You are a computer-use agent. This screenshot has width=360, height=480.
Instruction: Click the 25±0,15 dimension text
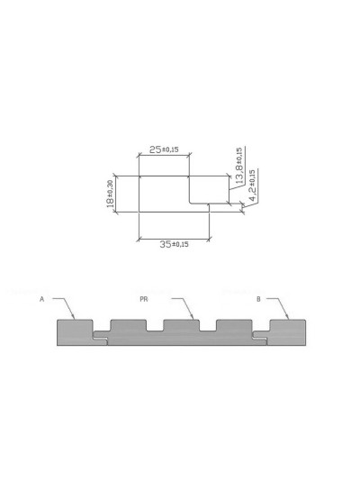point(164,149)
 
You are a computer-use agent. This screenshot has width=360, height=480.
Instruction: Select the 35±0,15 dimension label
point(174,244)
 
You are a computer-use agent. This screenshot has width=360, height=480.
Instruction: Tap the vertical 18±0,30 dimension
point(110,195)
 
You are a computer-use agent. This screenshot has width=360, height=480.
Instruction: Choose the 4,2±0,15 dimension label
point(253,184)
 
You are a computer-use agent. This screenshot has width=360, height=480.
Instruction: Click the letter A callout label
point(42,298)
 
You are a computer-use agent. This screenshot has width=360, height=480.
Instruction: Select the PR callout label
point(143,298)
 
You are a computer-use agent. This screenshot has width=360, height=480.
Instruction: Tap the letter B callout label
point(258,298)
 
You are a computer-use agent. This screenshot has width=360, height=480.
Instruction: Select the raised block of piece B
point(287,331)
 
